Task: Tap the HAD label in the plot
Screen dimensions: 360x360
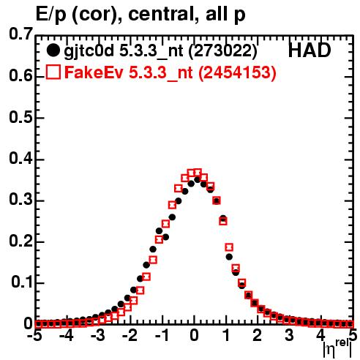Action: (x=310, y=50)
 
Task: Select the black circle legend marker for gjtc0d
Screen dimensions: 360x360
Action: (x=53, y=50)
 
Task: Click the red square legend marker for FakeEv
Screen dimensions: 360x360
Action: (x=53, y=72)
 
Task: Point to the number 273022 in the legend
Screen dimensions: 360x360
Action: (x=222, y=50)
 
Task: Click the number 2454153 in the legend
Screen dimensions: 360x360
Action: (x=237, y=72)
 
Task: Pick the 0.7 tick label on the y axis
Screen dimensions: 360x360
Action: (x=20, y=34)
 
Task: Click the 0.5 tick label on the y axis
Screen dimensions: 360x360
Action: (x=20, y=117)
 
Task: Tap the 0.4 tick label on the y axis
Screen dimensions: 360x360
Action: (x=20, y=158)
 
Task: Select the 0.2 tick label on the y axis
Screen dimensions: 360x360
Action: (x=20, y=241)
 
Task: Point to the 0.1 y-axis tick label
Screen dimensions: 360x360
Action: (x=22, y=282)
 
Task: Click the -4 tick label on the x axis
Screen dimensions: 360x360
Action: (x=67, y=335)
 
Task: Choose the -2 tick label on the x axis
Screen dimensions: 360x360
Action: (x=130, y=335)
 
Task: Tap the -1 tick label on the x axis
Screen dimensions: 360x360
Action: (x=162, y=335)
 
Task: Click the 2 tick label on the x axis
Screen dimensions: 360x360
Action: (x=257, y=335)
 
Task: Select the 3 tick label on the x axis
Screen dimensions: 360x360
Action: (x=289, y=335)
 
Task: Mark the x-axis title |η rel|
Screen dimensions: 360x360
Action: (x=338, y=348)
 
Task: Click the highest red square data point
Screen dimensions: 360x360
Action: (x=198, y=173)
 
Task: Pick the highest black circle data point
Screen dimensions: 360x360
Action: (x=198, y=180)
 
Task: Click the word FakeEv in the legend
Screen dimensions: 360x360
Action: (x=94, y=72)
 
